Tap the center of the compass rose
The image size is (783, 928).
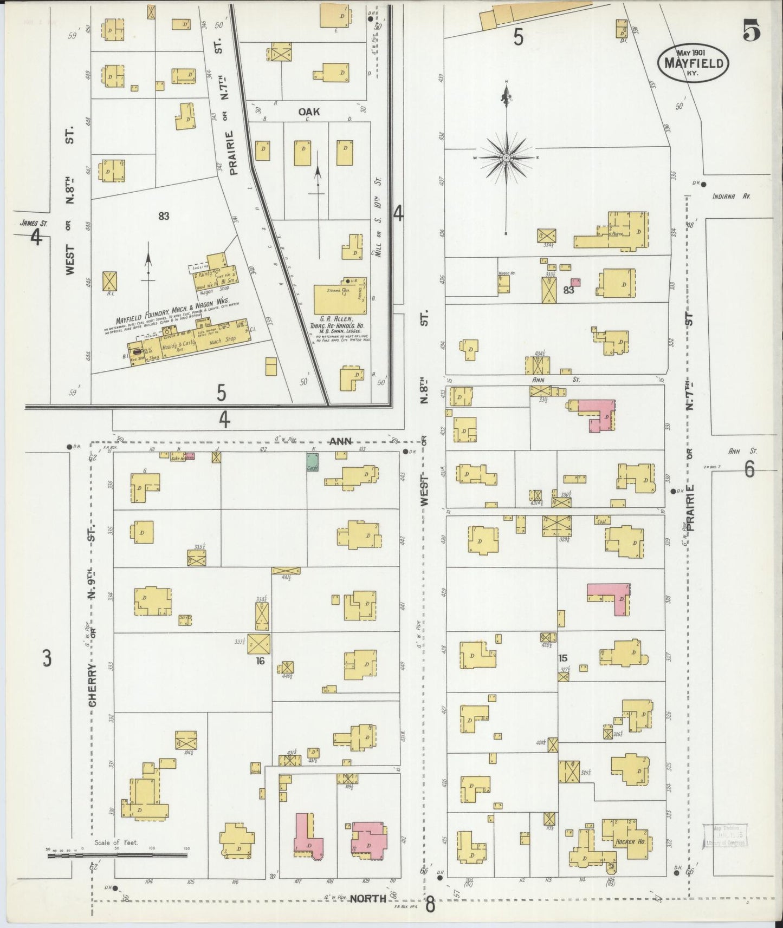506,158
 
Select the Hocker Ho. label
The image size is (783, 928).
629,857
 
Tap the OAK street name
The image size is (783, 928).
309,112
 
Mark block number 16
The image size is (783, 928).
260,661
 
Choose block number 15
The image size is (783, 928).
562,658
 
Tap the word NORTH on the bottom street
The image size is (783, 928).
367,899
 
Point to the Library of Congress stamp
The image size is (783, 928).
724,851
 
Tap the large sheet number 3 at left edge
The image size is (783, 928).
48,659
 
